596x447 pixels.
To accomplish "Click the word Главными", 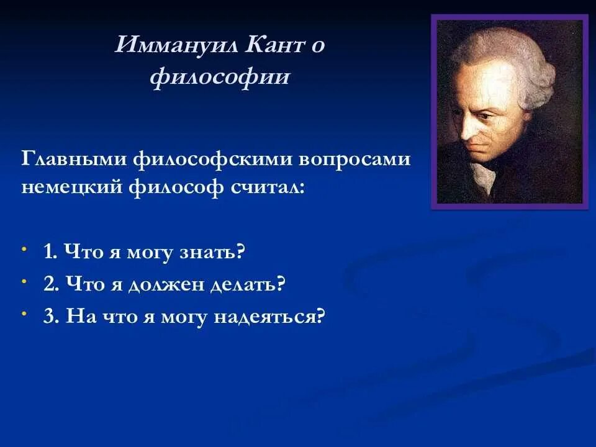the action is [74, 158].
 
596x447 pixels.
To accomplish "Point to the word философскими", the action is [213, 160].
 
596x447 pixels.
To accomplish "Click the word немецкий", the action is [72, 187].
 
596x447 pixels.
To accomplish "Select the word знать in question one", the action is [210, 252].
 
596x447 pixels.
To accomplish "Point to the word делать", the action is [248, 284].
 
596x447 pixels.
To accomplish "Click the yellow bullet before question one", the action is [24, 249].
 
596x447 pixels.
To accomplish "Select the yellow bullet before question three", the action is [24, 314].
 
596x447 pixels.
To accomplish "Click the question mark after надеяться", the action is [321, 316].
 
